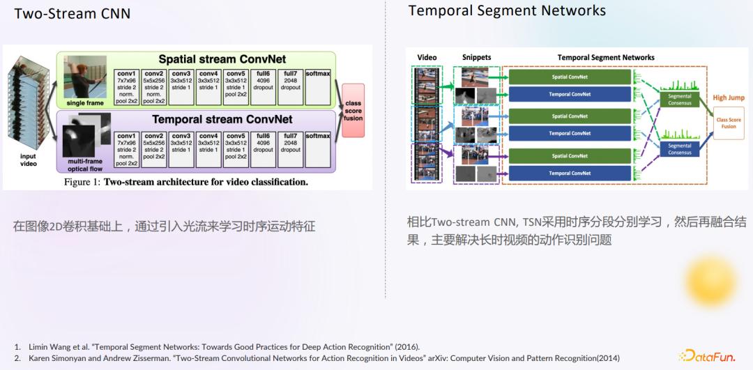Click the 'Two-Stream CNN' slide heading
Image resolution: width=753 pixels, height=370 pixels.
tap(72, 13)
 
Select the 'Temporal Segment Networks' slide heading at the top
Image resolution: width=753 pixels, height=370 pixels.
tap(507, 10)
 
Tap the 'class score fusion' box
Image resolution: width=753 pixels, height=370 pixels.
tap(353, 110)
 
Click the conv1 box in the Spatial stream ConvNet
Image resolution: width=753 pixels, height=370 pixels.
tap(126, 87)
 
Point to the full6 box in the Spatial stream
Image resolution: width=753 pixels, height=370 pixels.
tap(263, 87)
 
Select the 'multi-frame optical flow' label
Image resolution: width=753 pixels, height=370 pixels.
tap(84, 164)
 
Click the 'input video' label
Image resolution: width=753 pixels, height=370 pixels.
tap(28, 160)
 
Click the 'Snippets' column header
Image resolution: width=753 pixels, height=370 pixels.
tap(476, 57)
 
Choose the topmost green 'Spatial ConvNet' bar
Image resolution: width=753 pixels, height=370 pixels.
tap(570, 77)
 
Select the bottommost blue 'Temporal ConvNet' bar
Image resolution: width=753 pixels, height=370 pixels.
tap(570, 174)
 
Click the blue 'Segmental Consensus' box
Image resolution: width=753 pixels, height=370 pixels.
tap(679, 149)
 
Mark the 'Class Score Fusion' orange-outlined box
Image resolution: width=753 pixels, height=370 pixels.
tap(728, 123)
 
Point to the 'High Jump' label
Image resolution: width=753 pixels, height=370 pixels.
tap(728, 98)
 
